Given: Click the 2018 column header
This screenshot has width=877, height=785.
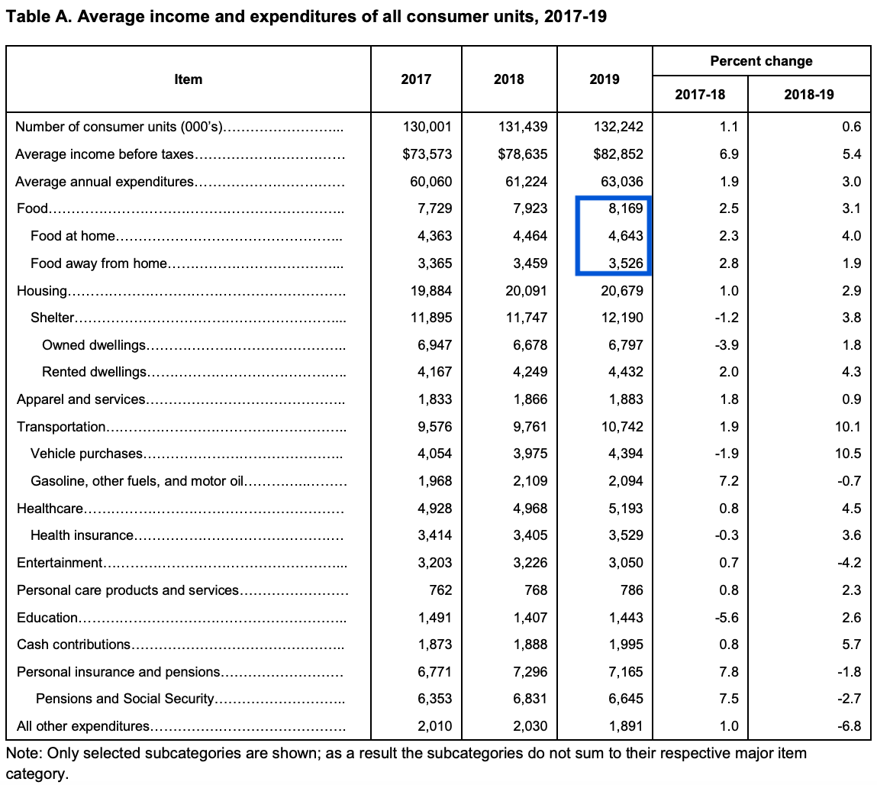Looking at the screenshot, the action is click(508, 79).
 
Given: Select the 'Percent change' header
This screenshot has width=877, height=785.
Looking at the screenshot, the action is click(761, 61).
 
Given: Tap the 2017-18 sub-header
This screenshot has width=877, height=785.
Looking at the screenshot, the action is click(700, 94).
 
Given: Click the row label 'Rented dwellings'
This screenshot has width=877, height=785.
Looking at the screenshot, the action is click(94, 372).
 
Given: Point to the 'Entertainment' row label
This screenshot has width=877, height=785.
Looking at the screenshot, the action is click(60, 563).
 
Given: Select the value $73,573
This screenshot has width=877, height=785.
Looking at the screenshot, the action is click(427, 153).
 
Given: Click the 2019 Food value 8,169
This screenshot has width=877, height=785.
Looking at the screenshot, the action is click(626, 208).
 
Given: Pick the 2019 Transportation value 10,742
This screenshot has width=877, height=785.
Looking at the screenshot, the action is click(623, 427).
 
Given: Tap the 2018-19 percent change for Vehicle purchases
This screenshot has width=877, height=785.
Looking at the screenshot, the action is click(848, 454).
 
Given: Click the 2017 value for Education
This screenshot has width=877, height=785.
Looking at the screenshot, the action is click(434, 618).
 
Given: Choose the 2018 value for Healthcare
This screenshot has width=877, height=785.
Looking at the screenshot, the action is click(530, 509).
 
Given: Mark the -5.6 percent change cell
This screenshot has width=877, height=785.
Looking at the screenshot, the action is click(727, 618).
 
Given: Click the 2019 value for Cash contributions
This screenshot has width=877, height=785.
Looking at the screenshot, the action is click(626, 644).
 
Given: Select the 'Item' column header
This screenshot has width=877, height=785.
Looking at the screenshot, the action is click(188, 79).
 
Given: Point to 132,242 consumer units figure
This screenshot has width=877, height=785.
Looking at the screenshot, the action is click(618, 127).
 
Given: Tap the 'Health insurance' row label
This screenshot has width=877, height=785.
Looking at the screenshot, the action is click(82, 535).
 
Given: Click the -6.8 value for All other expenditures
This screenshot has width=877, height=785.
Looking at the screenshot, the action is click(849, 726).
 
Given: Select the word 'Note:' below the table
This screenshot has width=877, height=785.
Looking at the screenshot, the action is click(24, 753).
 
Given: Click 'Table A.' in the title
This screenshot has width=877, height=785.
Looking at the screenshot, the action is click(38, 16).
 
